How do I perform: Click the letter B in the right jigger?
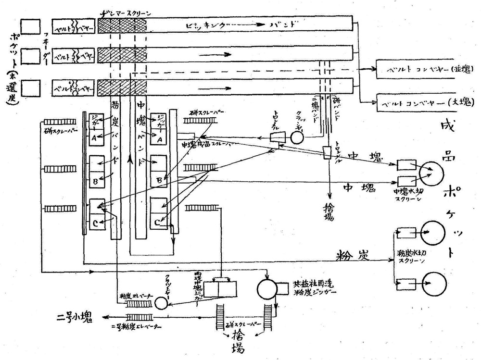159,182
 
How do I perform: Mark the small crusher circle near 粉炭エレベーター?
161,303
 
